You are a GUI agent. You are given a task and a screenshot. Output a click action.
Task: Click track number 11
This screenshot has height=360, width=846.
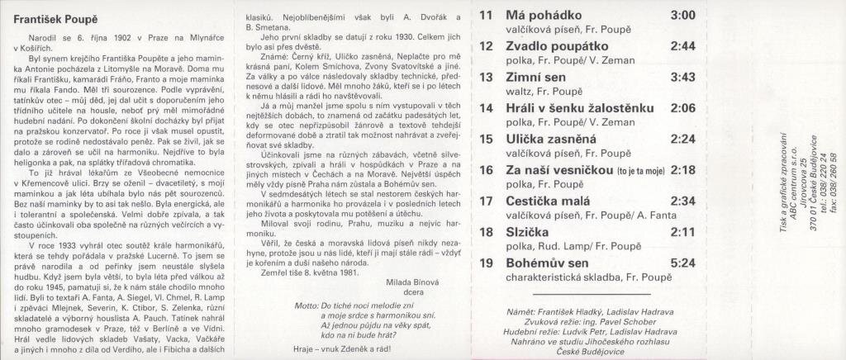(486, 16)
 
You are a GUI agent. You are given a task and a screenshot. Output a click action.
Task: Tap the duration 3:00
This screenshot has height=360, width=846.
(682, 16)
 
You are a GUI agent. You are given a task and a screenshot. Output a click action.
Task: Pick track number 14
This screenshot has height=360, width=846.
(486, 108)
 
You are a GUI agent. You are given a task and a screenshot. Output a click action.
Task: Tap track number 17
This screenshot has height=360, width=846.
(486, 201)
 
